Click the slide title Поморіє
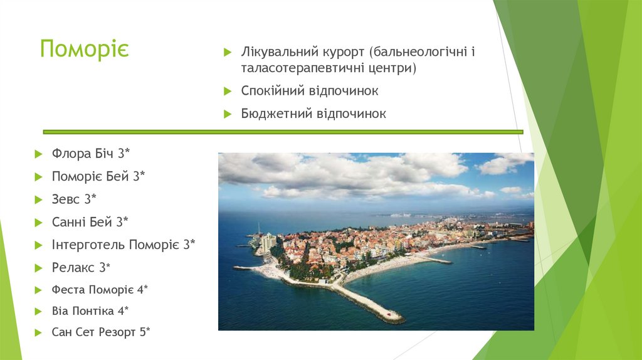[84, 50]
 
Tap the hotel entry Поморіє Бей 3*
[98, 176]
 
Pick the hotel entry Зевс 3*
[75, 199]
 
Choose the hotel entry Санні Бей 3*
[90, 221]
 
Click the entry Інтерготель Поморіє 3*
[124, 245]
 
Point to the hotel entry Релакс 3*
[81, 268]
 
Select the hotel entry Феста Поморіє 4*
[100, 289]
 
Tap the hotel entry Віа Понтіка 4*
[90, 310]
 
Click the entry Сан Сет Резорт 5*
[101, 332]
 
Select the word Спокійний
[271, 91]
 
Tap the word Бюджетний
[271, 114]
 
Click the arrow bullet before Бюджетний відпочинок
[228, 114]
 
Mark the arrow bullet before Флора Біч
[39, 154]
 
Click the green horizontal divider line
[282, 132]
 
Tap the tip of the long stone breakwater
[396, 317]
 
